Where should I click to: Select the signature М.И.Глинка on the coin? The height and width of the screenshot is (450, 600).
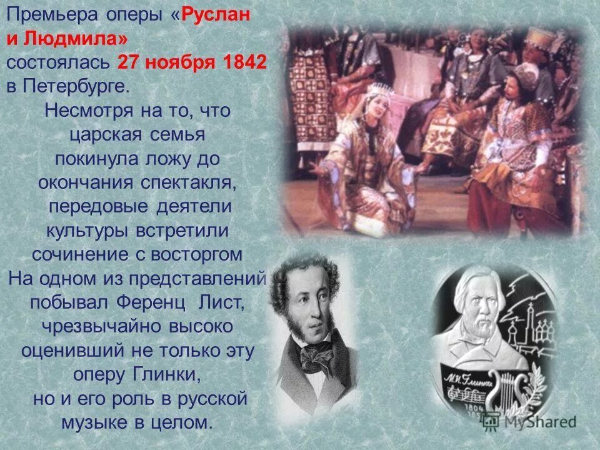pyautogui.click(x=469, y=379)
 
